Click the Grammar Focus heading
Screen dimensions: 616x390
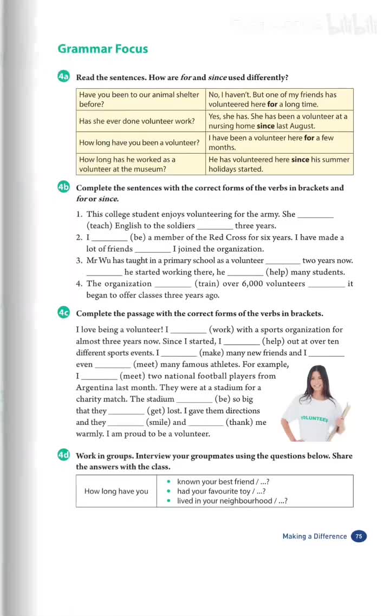(x=102, y=49)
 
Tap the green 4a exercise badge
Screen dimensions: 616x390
(x=63, y=77)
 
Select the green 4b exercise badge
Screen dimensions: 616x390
(x=63, y=187)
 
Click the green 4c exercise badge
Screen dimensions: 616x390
(x=63, y=313)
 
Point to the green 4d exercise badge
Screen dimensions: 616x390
(x=63, y=455)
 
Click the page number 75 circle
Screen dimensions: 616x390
(x=359, y=536)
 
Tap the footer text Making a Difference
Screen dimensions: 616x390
(x=314, y=536)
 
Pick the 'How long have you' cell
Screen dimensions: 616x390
(x=116, y=491)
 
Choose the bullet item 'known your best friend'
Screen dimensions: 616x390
(x=218, y=481)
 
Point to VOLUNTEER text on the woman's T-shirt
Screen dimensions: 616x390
(x=314, y=418)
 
